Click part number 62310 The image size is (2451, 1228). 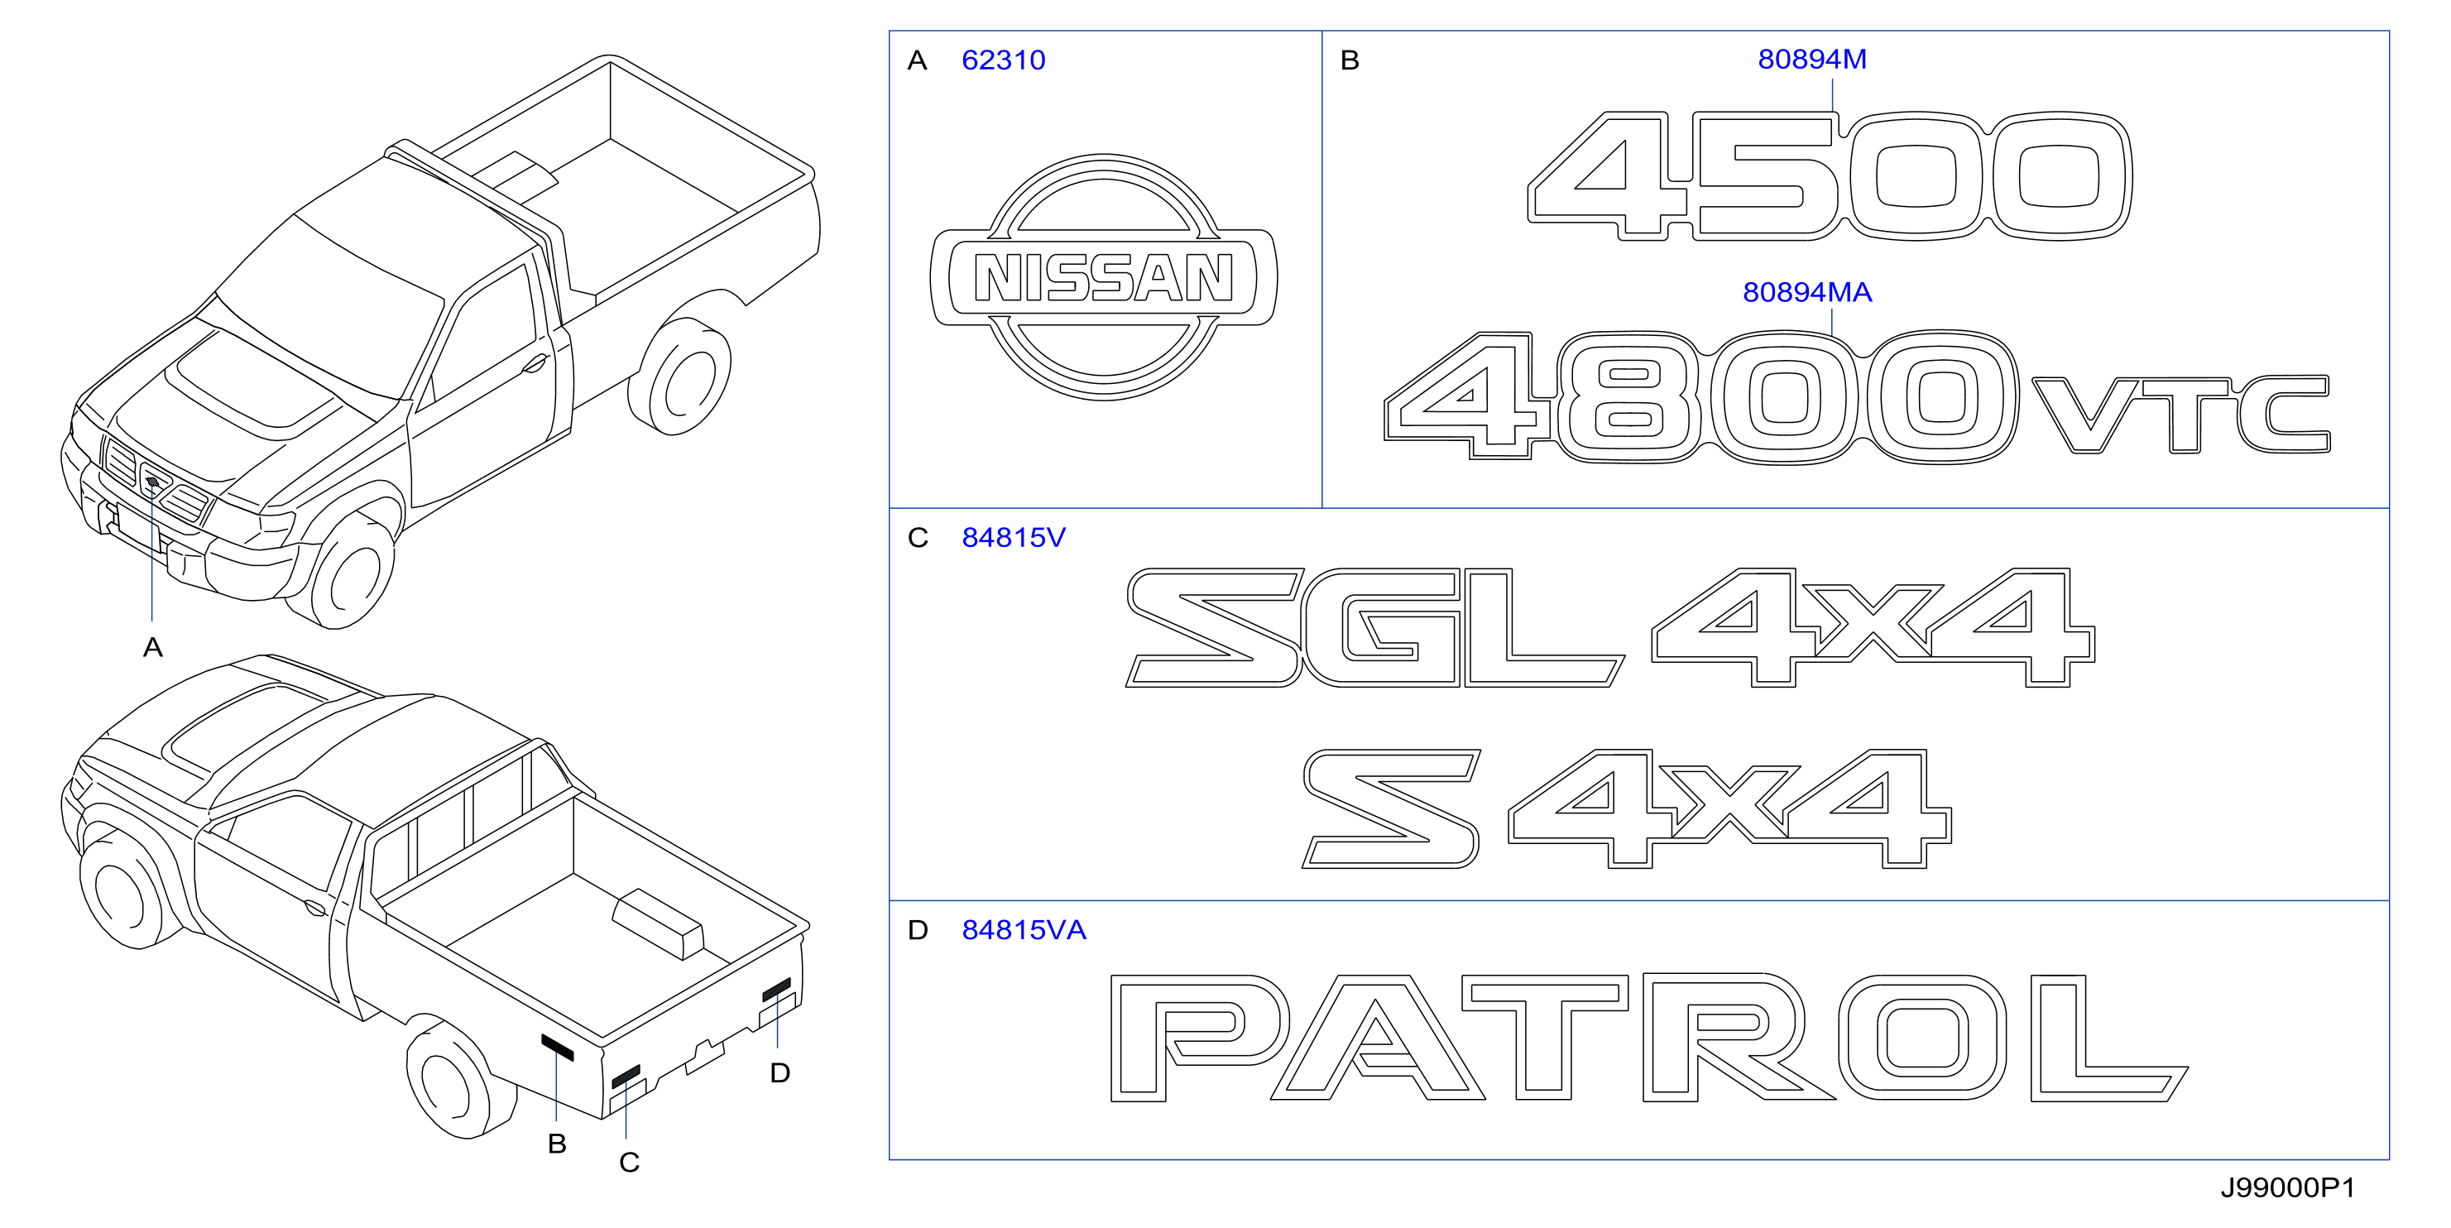point(1003,60)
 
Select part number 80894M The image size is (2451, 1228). point(1811,59)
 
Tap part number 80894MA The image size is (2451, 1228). point(1807,292)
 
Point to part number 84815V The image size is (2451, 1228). point(1014,537)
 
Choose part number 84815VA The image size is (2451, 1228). point(1024,929)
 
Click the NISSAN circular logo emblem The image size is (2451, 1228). point(1104,277)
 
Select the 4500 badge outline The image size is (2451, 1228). point(1829,176)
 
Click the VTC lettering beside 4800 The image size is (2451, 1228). point(2180,415)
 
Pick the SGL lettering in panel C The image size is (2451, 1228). point(1375,628)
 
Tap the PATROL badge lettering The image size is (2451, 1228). point(1649,1038)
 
